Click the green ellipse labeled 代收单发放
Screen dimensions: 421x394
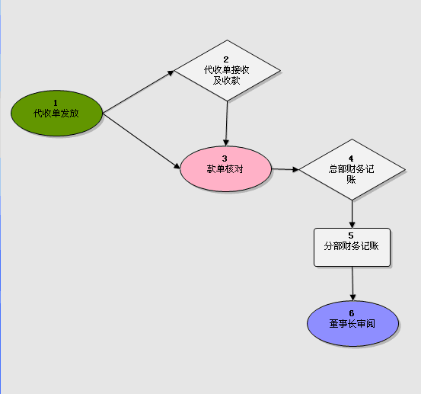pos(56,113)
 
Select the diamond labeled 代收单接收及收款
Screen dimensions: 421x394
pos(227,71)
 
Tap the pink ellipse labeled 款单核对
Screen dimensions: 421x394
pos(225,168)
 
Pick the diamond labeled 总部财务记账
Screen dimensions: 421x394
pos(352,170)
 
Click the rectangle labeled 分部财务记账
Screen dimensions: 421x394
pos(352,247)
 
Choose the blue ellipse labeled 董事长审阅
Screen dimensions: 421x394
pos(352,323)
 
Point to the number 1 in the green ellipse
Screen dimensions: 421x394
pos(56,103)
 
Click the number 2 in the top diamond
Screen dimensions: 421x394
pos(226,59)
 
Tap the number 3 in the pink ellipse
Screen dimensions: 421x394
pos(225,159)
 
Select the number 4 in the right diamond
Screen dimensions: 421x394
pos(351,159)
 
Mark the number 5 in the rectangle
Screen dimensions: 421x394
pos(351,235)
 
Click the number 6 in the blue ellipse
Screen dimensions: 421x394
pos(352,313)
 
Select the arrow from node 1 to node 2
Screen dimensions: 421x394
pos(139,91)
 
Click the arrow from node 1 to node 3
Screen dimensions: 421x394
pos(142,141)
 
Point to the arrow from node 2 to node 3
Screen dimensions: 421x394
pos(227,123)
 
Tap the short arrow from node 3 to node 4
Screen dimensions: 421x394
pos(285,169)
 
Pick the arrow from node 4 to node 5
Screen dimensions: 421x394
pos(352,214)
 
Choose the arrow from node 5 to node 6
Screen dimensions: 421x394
pos(352,283)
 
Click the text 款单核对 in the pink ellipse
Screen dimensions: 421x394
pos(225,169)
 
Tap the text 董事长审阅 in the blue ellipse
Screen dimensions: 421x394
pos(352,324)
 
